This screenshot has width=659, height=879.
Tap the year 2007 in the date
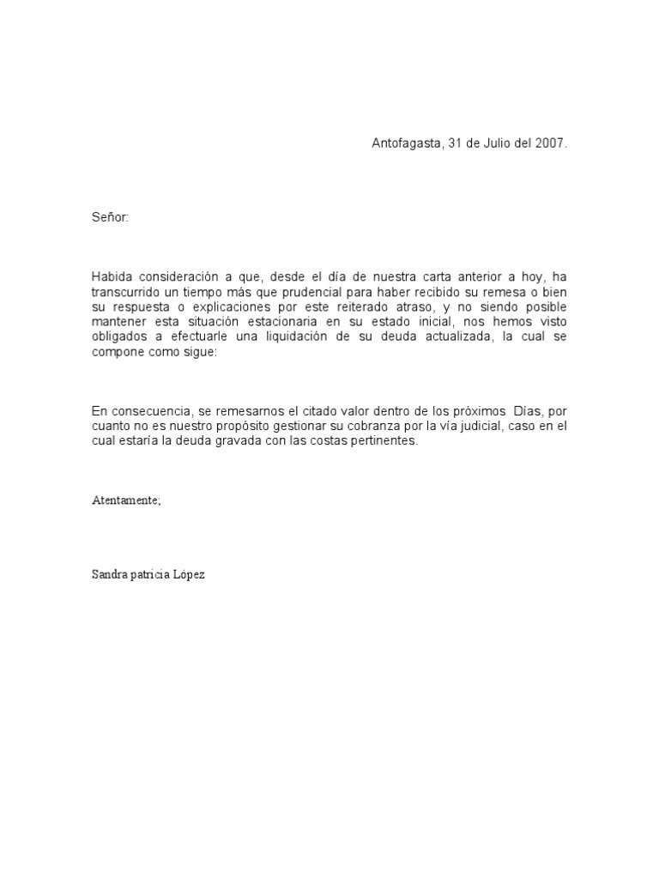pyautogui.click(x=550, y=144)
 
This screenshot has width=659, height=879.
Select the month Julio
pyautogui.click(x=495, y=144)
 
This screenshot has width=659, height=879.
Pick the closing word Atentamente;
pyautogui.click(x=126, y=500)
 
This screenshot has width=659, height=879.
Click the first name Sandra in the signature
pyautogui.click(x=109, y=574)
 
